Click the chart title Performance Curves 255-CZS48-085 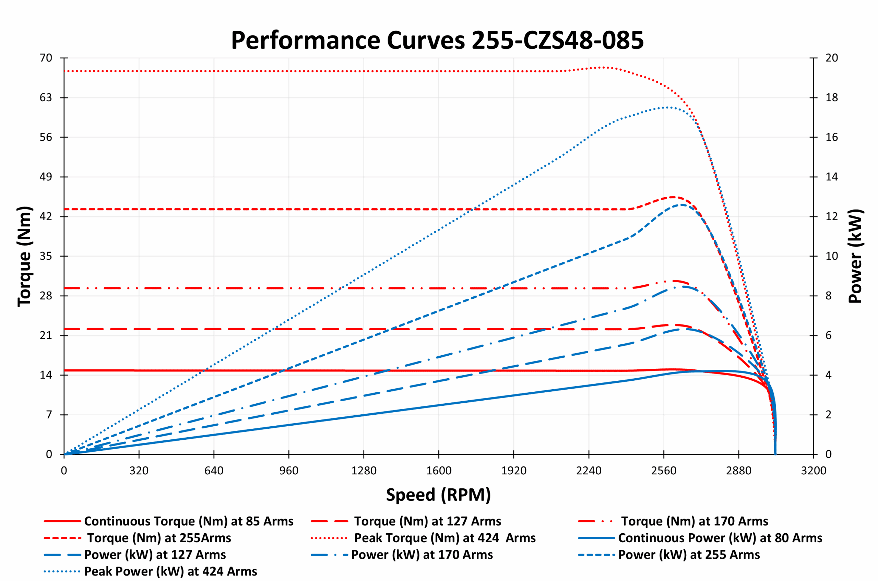437,40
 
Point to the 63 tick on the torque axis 46,97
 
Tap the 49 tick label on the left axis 46,177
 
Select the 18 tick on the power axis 831,97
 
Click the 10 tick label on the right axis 831,256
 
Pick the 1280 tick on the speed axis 364,471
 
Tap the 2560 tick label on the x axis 664,471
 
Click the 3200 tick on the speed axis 814,471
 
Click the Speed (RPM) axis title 438,495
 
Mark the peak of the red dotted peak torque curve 604,68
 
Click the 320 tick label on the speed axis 139,471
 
